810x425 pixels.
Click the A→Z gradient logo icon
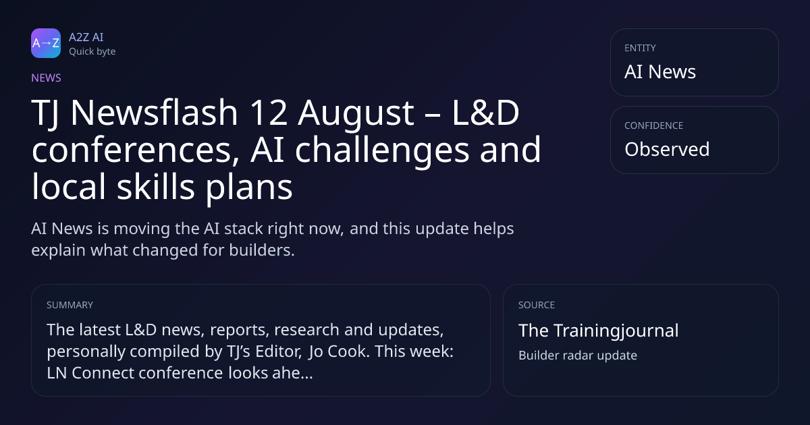tap(46, 43)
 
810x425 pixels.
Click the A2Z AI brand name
tap(86, 37)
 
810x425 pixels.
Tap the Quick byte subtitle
tap(92, 52)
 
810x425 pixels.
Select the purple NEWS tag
tap(47, 78)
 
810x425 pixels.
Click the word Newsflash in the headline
tap(154, 113)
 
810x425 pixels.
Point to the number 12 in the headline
tap(269, 113)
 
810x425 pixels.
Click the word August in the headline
tap(356, 114)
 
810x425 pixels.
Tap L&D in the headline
tap(485, 113)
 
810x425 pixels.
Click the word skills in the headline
tap(156, 186)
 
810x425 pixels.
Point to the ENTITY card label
tap(640, 48)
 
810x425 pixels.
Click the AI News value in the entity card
tap(660, 72)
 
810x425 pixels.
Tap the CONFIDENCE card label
tap(654, 125)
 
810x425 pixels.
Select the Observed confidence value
tap(667, 149)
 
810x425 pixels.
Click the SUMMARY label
tap(70, 305)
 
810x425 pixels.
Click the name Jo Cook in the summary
tap(339, 351)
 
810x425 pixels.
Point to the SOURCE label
tap(537, 305)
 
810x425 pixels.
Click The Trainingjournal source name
tap(599, 331)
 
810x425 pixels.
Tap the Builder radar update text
tap(578, 356)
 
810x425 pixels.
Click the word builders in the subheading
tap(262, 250)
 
